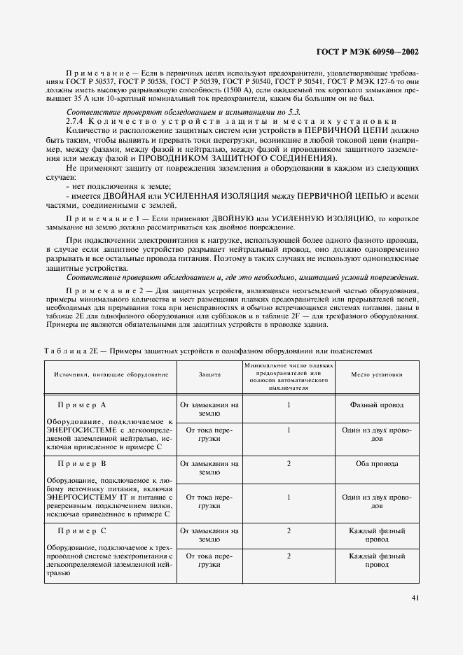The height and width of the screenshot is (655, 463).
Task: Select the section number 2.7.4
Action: click(76, 121)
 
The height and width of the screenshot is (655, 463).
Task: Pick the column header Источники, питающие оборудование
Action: click(111, 375)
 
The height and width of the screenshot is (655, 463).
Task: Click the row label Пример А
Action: click(82, 406)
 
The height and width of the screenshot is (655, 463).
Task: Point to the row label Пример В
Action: click(82, 465)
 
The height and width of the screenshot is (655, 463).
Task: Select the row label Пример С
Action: click(82, 532)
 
